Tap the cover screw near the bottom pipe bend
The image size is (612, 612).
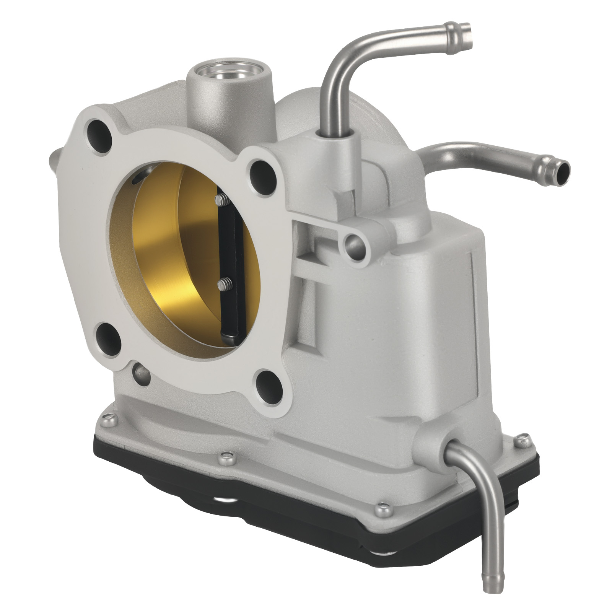click(x=379, y=508)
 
